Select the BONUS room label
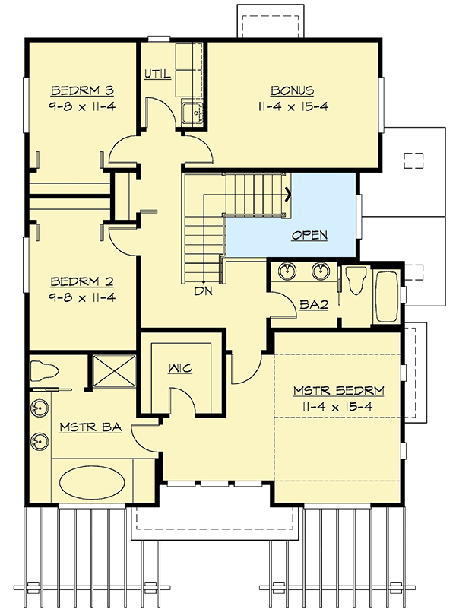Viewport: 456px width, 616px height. click(292, 90)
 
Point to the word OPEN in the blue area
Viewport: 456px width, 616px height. click(310, 235)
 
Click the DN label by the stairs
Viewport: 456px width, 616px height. click(202, 291)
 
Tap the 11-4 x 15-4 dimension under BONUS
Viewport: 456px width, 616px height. click(292, 106)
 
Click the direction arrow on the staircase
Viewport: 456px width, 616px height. click(288, 192)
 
